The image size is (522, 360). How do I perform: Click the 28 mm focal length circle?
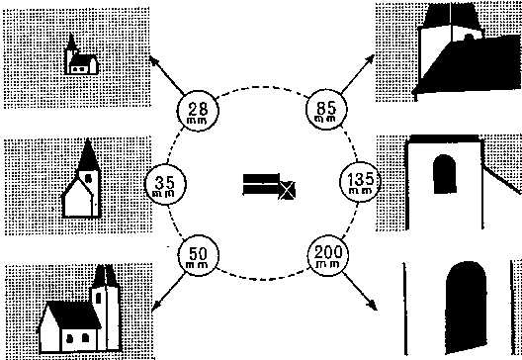pos(196,110)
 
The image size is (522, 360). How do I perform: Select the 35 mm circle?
pos(163,183)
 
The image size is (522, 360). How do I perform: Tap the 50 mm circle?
pos(196,256)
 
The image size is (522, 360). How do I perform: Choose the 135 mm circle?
pos(359,183)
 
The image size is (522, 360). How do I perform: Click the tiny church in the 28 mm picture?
pos(80,60)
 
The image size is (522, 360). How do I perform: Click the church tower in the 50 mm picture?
pos(104,297)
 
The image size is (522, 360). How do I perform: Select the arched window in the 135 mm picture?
pos(444,176)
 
